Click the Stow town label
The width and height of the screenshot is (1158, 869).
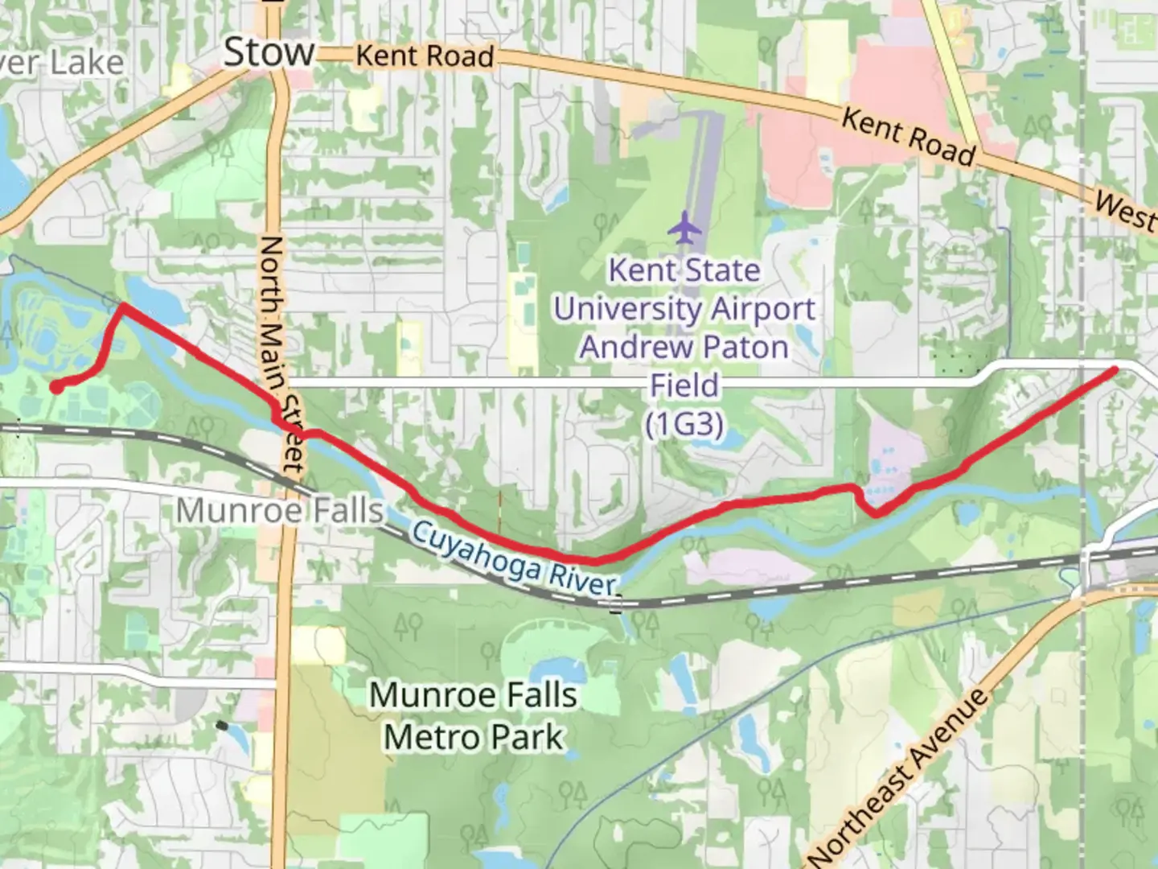point(269,52)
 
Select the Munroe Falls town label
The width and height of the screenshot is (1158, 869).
point(279,510)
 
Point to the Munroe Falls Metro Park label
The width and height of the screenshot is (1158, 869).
point(474,715)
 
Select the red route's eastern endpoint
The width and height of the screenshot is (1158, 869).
point(1115,370)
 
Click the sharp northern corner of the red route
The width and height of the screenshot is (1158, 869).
point(122,305)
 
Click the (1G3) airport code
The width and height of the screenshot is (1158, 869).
point(684,423)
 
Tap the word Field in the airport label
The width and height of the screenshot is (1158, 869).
point(684,385)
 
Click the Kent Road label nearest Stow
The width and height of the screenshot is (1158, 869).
point(425,56)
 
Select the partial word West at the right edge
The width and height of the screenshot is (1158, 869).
point(1126,210)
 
